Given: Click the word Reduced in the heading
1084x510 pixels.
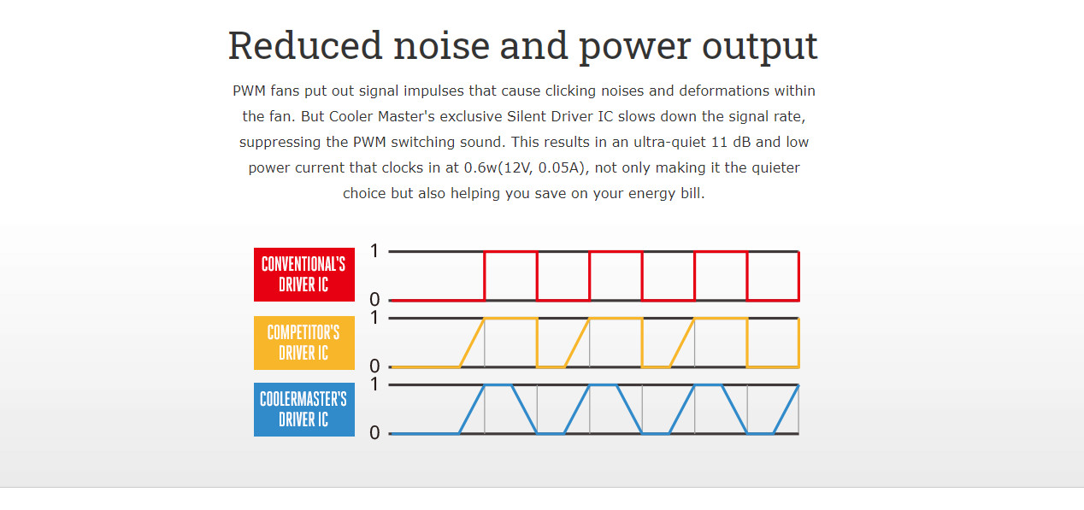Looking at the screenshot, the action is [x=305, y=45].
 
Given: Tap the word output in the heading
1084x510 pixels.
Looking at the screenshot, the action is [x=760, y=46].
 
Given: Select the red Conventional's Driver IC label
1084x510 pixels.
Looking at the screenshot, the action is [x=303, y=274].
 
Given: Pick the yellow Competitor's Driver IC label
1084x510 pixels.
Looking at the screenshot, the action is [x=303, y=343].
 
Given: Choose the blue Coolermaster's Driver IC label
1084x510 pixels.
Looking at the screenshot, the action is [x=303, y=409].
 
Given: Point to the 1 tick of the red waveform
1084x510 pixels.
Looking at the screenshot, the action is [x=374, y=251].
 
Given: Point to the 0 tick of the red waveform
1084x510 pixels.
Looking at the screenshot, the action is [x=374, y=300].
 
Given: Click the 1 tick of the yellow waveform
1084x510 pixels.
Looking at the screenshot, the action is [x=374, y=318].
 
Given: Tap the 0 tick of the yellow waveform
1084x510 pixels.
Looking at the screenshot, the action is [x=374, y=366].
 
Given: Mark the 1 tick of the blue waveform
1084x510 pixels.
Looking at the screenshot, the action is [x=374, y=384].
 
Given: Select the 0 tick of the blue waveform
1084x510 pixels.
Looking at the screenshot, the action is [x=374, y=433].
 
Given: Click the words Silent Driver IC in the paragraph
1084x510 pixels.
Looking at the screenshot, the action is [x=560, y=116].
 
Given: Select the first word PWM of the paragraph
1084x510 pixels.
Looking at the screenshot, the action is [x=249, y=91].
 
